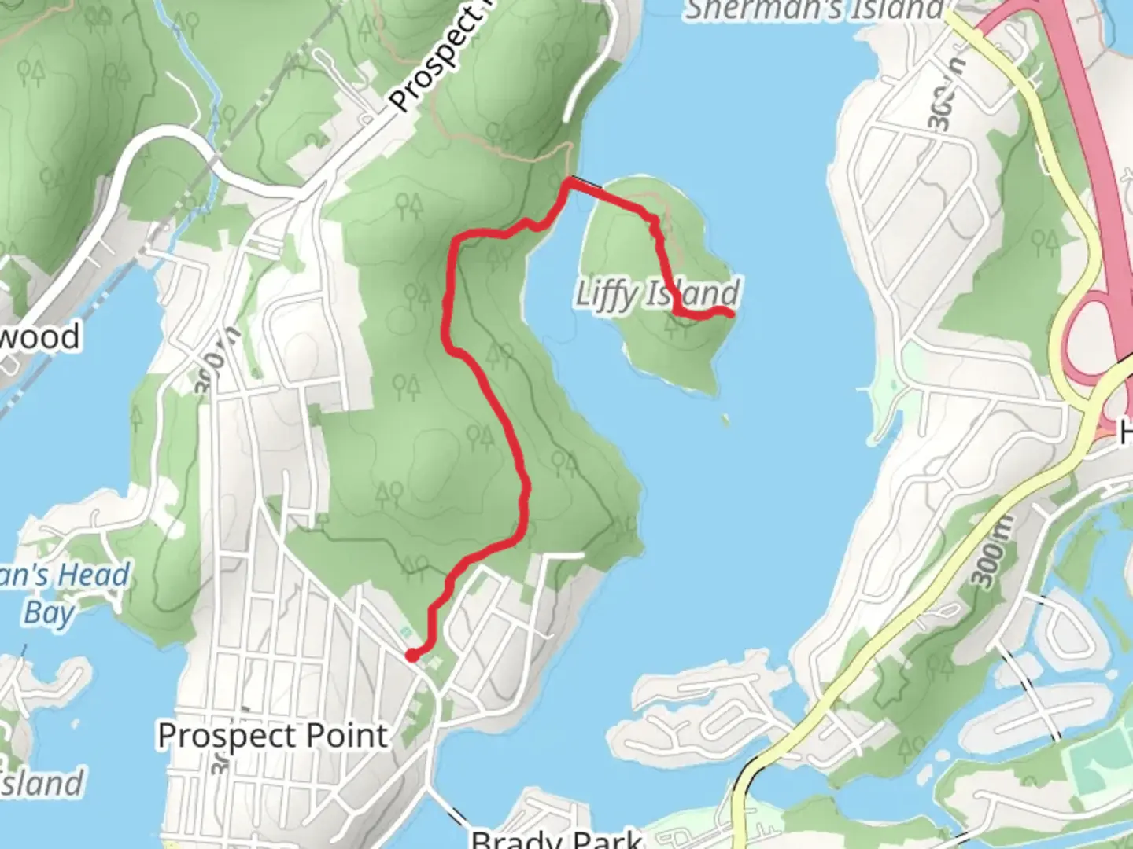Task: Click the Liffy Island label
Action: (x=657, y=294)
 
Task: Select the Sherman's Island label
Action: (x=814, y=9)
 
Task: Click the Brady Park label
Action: (x=556, y=838)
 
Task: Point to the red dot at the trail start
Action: (x=411, y=655)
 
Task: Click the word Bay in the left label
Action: (x=49, y=613)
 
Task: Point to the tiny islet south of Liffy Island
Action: (x=724, y=421)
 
